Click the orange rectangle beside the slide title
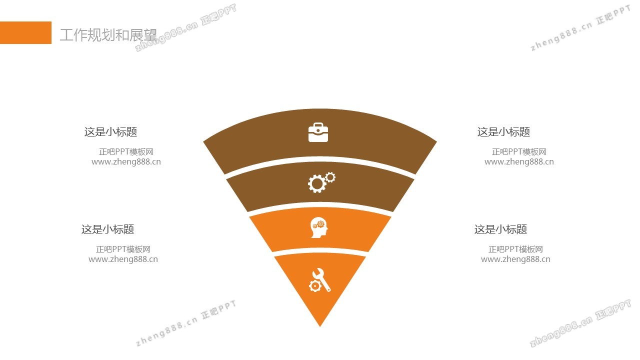coord(25,32)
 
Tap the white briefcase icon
coord(318,132)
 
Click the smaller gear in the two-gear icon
coord(330,177)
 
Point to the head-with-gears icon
coord(319,227)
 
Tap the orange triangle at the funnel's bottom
coord(320,305)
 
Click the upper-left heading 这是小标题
coord(110,132)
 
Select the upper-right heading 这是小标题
coord(503,132)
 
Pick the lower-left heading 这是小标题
coord(107,229)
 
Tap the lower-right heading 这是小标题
coord(500,229)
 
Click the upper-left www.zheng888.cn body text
coord(126,162)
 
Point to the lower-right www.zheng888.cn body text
coord(515,259)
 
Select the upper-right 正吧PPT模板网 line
coord(519,152)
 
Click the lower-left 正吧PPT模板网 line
coord(123,249)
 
